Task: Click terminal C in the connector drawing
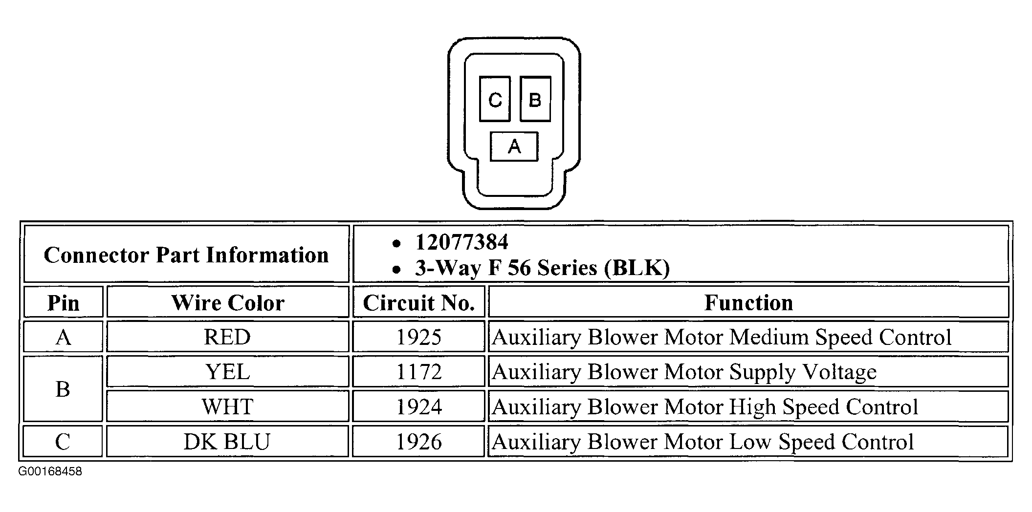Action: point(495,99)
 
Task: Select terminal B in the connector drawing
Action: point(535,99)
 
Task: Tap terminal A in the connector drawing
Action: point(514,146)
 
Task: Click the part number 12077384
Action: point(461,242)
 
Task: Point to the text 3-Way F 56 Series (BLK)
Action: point(542,268)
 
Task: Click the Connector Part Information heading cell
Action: point(186,255)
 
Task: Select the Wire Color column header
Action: point(228,302)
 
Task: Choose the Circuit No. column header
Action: point(419,302)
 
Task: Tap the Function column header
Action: point(748,302)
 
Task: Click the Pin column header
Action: point(64,302)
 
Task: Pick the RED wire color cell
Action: point(228,337)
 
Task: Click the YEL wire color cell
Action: point(228,372)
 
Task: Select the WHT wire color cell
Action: point(228,406)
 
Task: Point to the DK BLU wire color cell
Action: point(228,442)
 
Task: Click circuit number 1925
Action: point(419,337)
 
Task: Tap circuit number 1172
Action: point(419,372)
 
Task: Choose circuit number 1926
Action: point(419,442)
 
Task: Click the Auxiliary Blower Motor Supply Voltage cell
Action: point(748,372)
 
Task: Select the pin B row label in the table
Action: point(64,389)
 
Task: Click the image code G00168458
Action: point(50,471)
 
